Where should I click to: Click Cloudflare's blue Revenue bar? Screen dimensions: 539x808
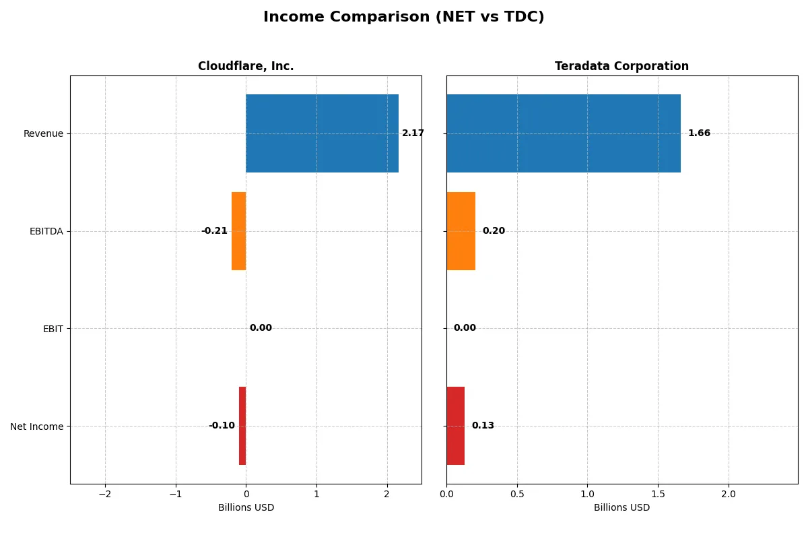pyautogui.click(x=322, y=133)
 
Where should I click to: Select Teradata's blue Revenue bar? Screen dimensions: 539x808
pyautogui.click(x=563, y=133)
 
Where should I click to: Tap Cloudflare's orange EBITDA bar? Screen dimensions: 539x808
pyautogui.click(x=238, y=231)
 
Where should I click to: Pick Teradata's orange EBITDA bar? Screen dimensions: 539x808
pyautogui.click(x=461, y=231)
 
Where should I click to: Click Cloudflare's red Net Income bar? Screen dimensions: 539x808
pyautogui.click(x=242, y=426)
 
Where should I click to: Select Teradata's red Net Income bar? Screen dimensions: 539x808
pyautogui.click(x=455, y=426)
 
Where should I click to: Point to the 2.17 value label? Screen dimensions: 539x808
pyautogui.click(x=413, y=133)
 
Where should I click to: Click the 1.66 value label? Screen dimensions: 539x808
pyautogui.click(x=699, y=133)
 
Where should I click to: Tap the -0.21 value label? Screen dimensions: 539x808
pyautogui.click(x=214, y=231)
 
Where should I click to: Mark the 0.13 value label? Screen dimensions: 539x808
pyautogui.click(x=483, y=426)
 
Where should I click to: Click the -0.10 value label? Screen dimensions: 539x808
pyautogui.click(x=222, y=426)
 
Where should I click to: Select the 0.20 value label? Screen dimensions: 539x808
pyautogui.click(x=494, y=231)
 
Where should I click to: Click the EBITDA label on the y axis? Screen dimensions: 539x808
pyautogui.click(x=46, y=231)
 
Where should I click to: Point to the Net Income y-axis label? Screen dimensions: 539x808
pyautogui.click(x=37, y=426)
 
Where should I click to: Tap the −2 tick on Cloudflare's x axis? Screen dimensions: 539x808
pyautogui.click(x=105, y=494)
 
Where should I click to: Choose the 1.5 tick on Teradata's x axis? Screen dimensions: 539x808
pyautogui.click(x=658, y=494)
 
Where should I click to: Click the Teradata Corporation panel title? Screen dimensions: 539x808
pyautogui.click(x=621, y=66)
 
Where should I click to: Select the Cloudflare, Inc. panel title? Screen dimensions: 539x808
pyautogui.click(x=246, y=66)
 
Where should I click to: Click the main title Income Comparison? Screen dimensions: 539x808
pyautogui.click(x=404, y=18)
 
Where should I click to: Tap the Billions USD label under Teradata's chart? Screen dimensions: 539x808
pyautogui.click(x=621, y=507)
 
